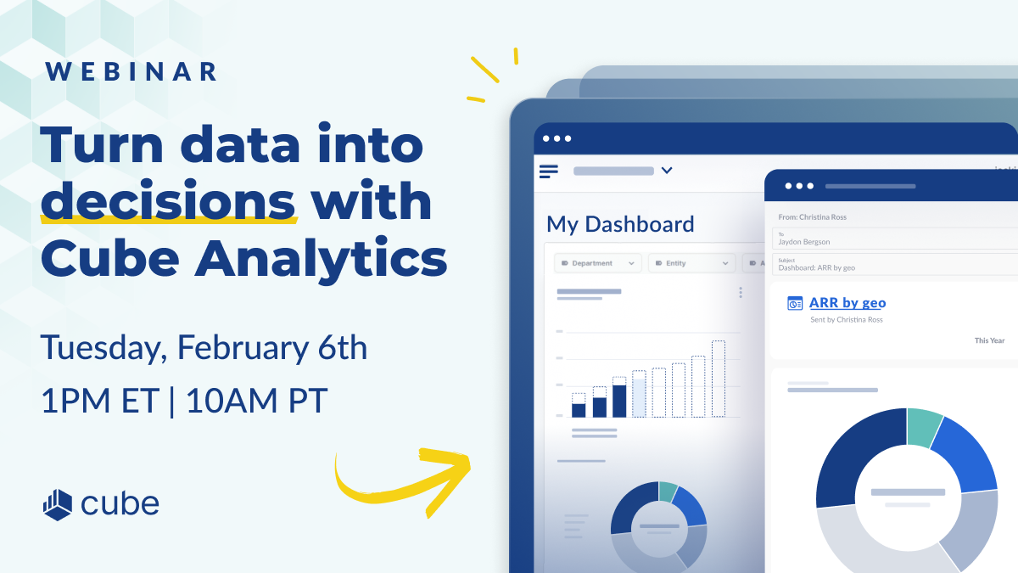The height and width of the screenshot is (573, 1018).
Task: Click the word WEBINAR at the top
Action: coord(131,71)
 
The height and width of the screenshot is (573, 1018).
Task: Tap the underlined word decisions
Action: coord(169,202)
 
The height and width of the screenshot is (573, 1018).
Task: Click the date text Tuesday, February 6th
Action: coord(204,348)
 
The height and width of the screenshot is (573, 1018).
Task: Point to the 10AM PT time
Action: coord(256,400)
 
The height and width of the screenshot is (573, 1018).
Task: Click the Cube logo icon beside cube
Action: coord(58,503)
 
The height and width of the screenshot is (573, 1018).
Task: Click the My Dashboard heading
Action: coord(620,224)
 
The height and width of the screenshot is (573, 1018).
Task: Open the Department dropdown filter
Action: coord(596,263)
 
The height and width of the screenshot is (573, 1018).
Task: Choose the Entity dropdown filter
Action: coord(691,263)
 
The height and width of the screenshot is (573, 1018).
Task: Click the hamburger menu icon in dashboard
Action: coord(549,171)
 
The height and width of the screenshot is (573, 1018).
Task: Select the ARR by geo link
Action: coord(847,303)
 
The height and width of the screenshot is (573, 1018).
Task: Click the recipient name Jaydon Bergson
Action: coord(803,242)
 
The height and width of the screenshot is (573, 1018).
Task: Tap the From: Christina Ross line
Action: coord(812,217)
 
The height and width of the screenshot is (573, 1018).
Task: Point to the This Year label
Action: coord(989,340)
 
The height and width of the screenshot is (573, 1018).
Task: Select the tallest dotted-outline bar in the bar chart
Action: coord(719,379)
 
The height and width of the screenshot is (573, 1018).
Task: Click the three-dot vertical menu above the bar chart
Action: coord(741,292)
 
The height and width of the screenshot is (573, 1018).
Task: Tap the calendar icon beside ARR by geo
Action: coord(795,303)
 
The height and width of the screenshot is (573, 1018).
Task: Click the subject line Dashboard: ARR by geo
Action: coord(816,267)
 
